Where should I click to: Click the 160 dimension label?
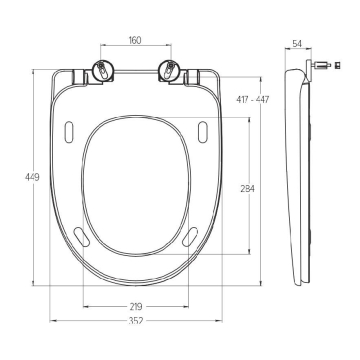tap(135, 40)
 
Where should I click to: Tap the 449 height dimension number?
tap(32, 177)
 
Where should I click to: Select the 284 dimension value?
tap(248, 189)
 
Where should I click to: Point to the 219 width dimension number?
tap(136, 306)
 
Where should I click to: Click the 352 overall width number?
tap(136, 321)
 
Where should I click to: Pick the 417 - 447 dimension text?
tap(252, 99)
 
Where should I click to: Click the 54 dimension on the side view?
tap(297, 43)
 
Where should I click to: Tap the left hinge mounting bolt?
tap(101, 70)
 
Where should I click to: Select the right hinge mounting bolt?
tap(169, 70)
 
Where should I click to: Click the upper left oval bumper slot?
tap(69, 132)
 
